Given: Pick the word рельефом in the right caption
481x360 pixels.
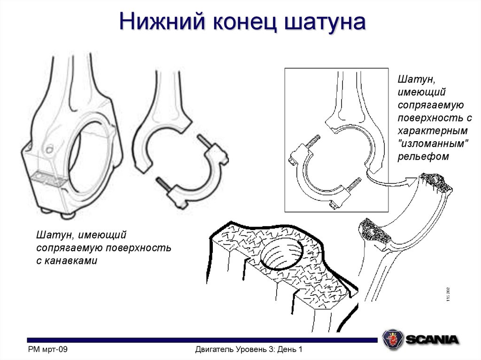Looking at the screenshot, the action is pyautogui.click(x=423, y=157).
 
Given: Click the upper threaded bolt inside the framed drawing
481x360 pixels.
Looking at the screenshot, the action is pyautogui.click(x=314, y=140).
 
